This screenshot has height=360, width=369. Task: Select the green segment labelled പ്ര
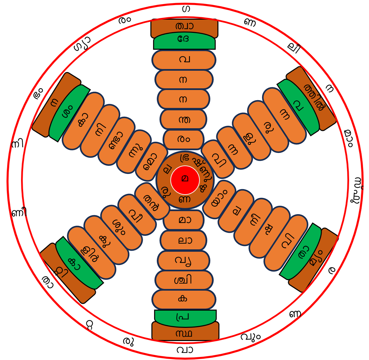[185, 317]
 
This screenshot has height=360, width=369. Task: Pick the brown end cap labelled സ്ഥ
[185, 333]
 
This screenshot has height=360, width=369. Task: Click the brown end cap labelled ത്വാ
[184, 26]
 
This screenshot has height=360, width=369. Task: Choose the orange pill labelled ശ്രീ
[184, 280]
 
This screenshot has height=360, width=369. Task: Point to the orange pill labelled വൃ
[183, 260]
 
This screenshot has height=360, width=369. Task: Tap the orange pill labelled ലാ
[183, 240]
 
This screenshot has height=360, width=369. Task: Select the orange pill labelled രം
[183, 139]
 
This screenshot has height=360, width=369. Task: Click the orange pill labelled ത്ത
[183, 119]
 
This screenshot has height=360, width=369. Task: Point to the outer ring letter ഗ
[185, 9]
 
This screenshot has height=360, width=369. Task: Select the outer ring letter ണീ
[19, 213]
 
